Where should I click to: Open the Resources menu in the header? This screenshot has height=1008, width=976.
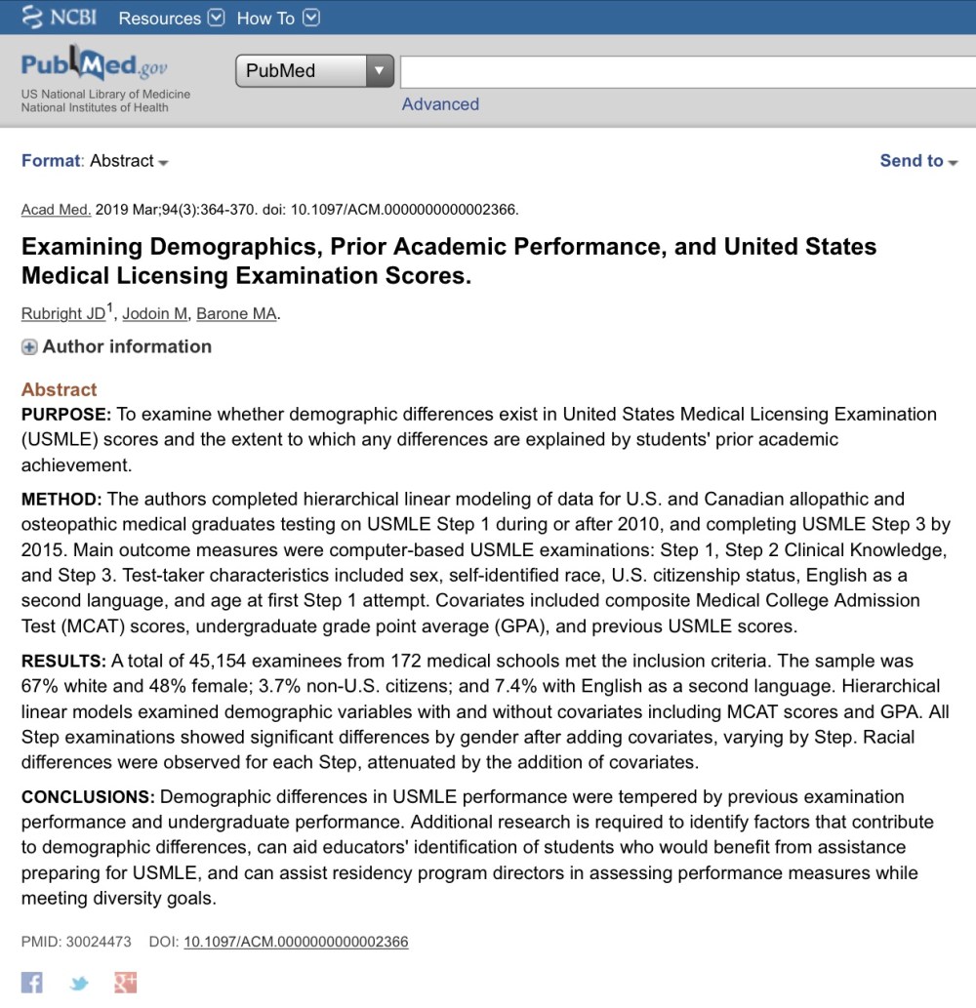pos(171,18)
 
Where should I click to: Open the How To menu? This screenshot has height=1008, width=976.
pos(277,18)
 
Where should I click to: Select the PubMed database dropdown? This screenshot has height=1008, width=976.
pos(313,71)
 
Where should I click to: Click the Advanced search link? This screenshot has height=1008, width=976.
pos(440,104)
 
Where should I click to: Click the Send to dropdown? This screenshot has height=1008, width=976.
pos(918,161)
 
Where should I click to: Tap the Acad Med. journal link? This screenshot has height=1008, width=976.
pos(56,210)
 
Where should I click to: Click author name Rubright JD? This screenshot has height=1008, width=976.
pos(63,313)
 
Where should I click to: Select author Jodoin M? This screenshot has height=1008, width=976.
pos(154,313)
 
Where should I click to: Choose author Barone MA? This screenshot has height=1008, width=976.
pos(236,313)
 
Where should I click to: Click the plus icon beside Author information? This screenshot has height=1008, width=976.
pos(29,347)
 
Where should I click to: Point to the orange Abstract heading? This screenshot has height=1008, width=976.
pos(59,389)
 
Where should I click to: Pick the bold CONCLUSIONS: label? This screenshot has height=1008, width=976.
pos(88,797)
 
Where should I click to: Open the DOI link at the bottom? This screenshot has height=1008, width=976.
pos(296,943)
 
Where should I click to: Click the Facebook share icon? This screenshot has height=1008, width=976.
pos(32,982)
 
